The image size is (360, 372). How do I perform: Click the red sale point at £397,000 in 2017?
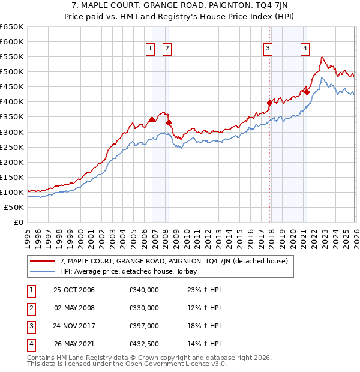pyautogui.click(x=269, y=103)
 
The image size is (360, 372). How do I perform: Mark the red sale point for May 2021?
pyautogui.click(x=307, y=92)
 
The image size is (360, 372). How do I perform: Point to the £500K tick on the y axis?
pyautogui.click(x=12, y=72)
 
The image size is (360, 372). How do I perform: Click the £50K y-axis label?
pyautogui.click(x=14, y=207)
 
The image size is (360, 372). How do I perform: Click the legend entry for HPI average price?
pyautogui.click(x=127, y=271)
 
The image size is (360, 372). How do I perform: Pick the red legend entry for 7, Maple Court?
pyautogui.click(x=174, y=261)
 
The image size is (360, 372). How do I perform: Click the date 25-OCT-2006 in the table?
pyautogui.click(x=74, y=290)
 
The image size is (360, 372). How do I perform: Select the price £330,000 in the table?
pyautogui.click(x=144, y=308)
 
